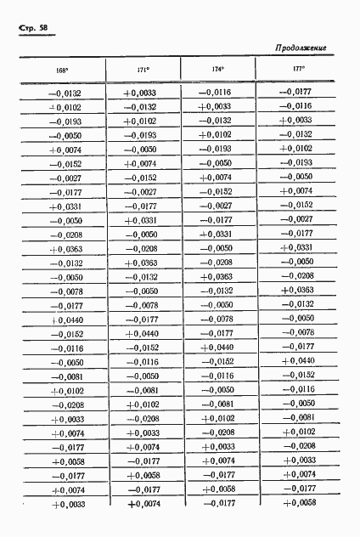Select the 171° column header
(x=143, y=69)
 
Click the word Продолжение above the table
(x=301, y=48)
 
